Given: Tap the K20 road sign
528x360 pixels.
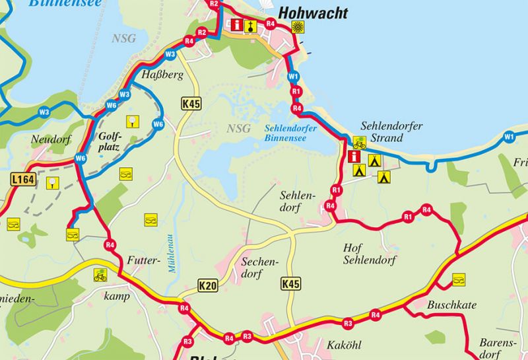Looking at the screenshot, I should tap(207, 285).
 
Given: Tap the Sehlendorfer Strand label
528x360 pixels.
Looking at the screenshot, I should tap(392, 131).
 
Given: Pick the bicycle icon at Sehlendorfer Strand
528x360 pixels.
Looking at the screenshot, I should tap(360, 143).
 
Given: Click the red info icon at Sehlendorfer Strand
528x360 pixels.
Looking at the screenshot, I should tap(354, 157).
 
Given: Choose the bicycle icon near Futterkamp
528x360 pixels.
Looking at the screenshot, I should tap(100, 275).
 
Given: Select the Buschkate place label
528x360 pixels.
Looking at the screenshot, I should tap(451, 305).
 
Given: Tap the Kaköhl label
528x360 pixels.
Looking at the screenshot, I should tap(345, 345).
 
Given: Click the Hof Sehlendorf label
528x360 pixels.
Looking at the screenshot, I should tap(370, 254).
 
